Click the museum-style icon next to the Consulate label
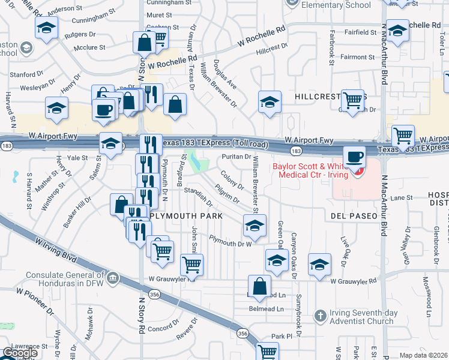pos(113,278)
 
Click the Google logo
pos(20,353)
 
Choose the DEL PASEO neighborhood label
pos(353,215)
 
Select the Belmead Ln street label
pos(267,309)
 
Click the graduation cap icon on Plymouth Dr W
pos(255,226)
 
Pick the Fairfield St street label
pos(358,31)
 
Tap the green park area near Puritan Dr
pos(196,161)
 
